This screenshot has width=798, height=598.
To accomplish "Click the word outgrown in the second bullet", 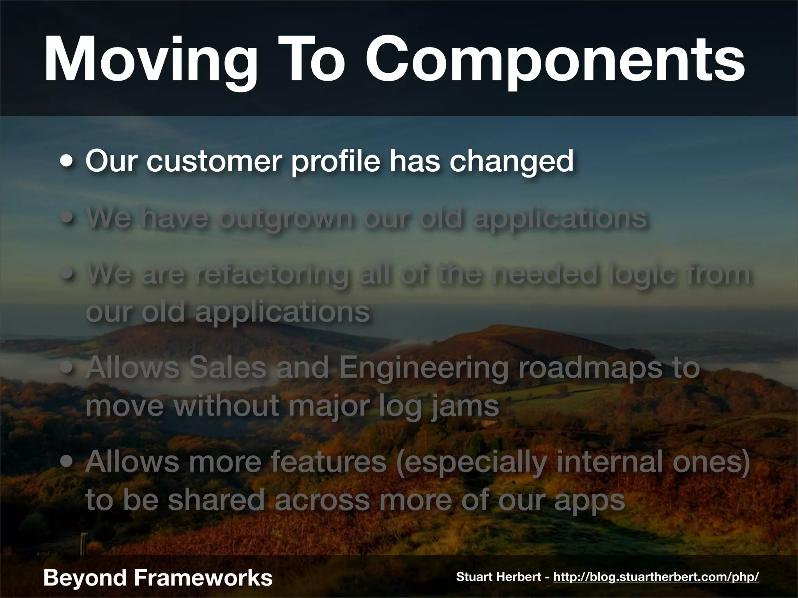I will point(286,218).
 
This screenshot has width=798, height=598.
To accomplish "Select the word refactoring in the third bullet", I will point(271,274).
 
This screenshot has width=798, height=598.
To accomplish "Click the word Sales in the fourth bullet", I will point(228,368).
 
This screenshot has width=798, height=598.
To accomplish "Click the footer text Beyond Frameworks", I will point(158,577).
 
